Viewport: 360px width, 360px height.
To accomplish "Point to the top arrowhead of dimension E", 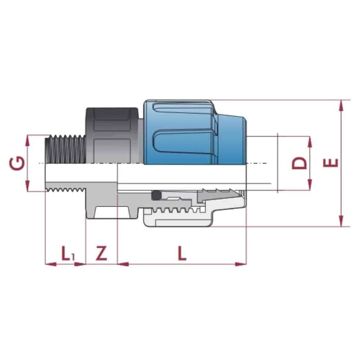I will tap(340, 104).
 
